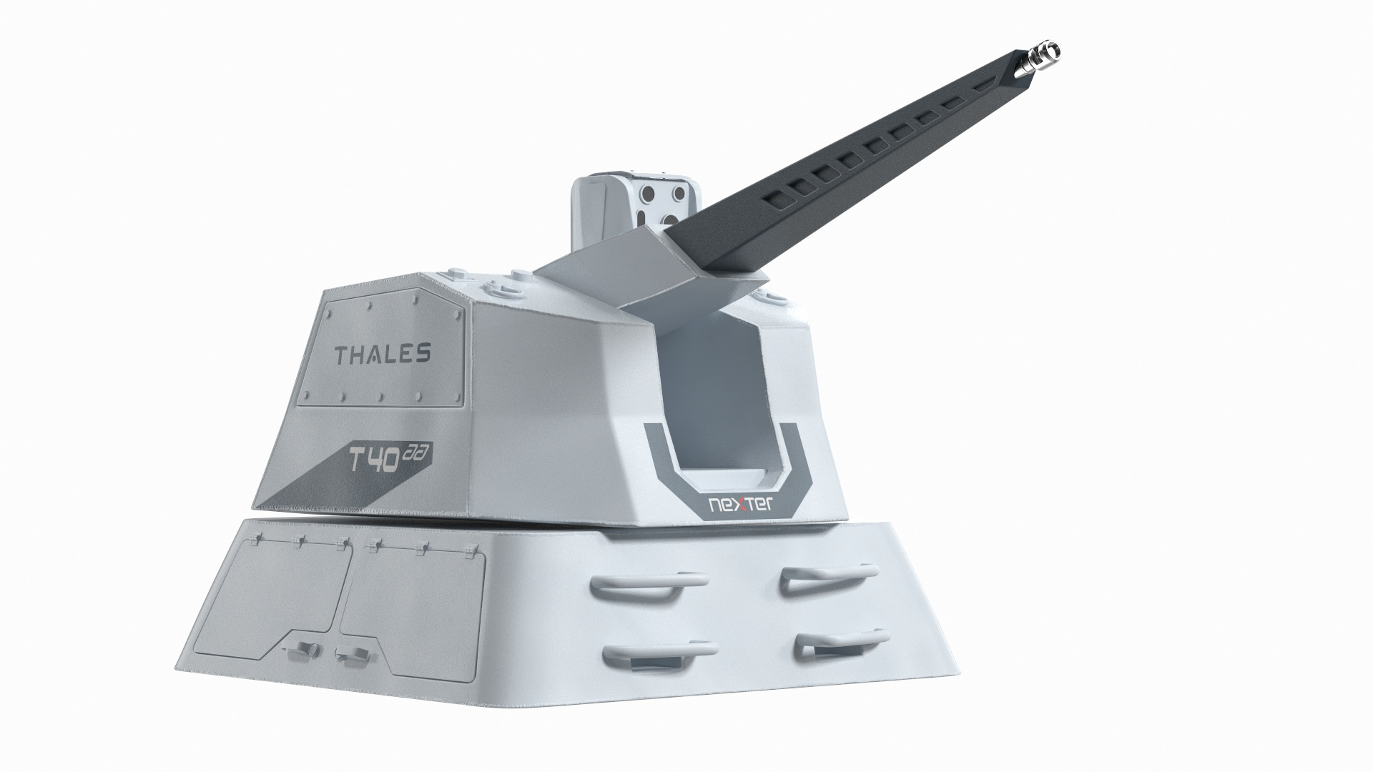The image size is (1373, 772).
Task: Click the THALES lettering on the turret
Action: (x=383, y=353)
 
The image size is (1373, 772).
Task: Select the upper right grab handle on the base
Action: (x=828, y=576)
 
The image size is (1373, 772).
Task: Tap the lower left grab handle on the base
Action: (x=658, y=650)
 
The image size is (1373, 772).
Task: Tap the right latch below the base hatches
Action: (x=348, y=653)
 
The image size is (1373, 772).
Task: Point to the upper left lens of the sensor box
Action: (x=647, y=194)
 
